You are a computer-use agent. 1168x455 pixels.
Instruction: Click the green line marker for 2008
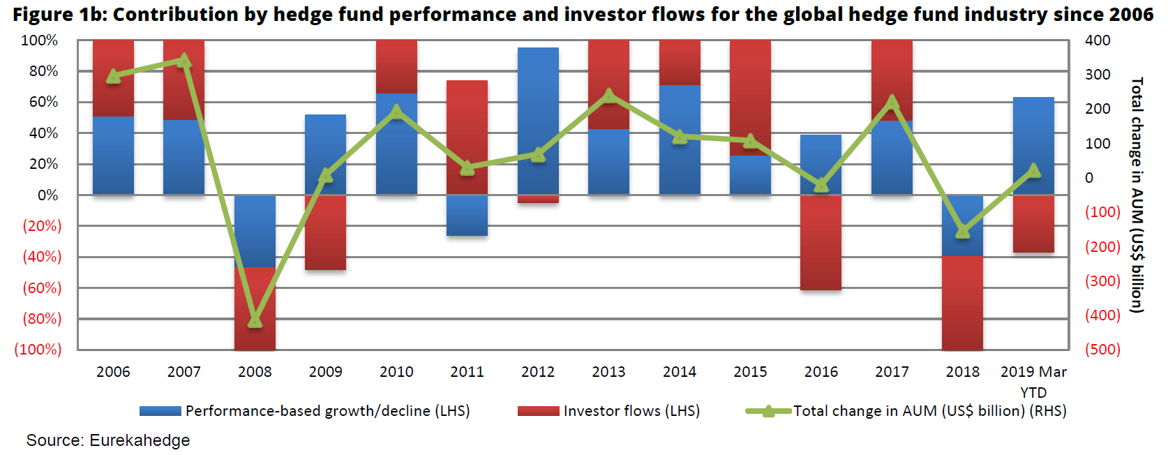click(x=255, y=320)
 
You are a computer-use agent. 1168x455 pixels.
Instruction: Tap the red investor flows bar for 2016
click(x=821, y=242)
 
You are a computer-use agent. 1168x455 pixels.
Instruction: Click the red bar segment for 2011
click(x=467, y=137)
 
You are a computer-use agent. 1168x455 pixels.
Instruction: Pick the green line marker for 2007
click(x=184, y=61)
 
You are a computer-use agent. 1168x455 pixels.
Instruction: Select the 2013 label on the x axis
click(x=608, y=372)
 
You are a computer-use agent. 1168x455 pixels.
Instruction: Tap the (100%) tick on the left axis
click(x=38, y=349)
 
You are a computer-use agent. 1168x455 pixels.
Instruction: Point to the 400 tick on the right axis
click(x=1098, y=40)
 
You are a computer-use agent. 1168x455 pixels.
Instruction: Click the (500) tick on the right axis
click(x=1102, y=349)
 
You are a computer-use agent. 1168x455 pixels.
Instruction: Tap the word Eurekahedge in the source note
click(x=140, y=440)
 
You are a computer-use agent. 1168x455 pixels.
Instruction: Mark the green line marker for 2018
click(x=962, y=231)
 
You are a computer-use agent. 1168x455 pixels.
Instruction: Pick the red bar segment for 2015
click(x=750, y=98)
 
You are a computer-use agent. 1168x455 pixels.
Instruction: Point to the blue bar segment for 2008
click(x=255, y=231)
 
